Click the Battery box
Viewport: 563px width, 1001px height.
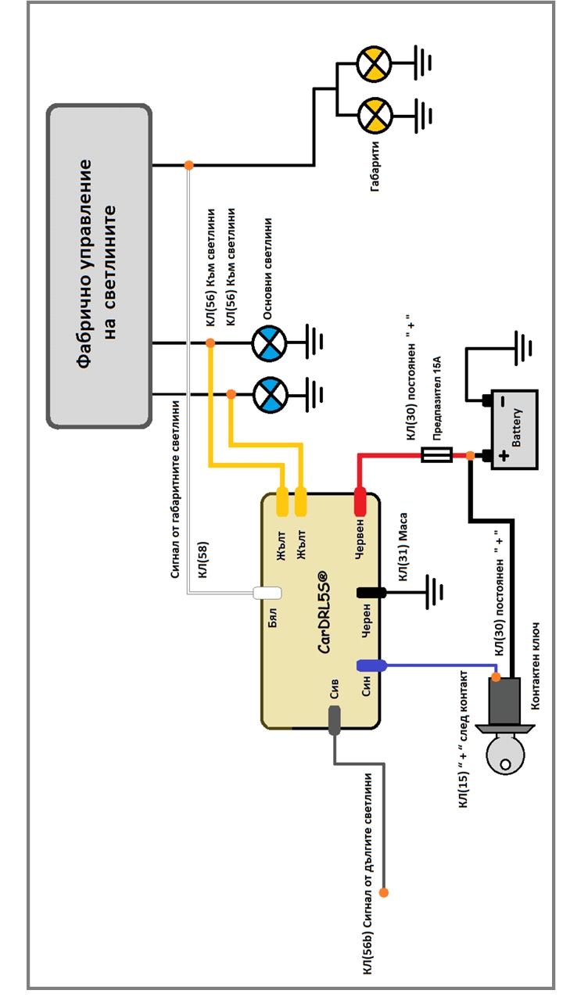coord(514,429)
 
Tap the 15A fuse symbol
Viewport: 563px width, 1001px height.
coord(436,454)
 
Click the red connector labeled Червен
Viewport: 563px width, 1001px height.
coord(360,501)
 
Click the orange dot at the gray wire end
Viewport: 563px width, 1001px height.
coord(384,892)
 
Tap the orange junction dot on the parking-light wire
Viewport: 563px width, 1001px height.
coord(188,165)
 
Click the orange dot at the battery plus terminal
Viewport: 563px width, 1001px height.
coord(470,455)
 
